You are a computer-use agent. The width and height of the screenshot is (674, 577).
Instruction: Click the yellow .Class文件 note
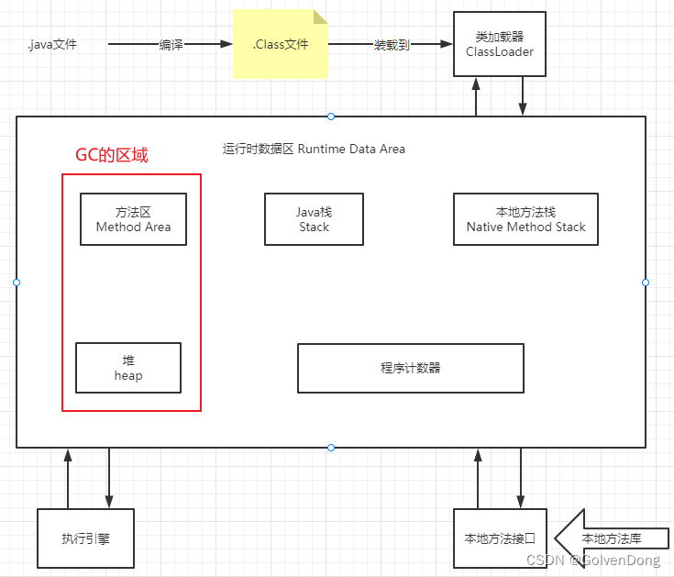[280, 43]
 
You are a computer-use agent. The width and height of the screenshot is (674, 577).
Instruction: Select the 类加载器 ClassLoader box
[499, 44]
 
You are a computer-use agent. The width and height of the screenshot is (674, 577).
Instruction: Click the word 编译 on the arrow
[171, 44]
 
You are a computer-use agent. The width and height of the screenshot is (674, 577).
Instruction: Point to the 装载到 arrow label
[392, 44]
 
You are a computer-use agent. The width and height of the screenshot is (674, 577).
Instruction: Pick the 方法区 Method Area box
[133, 219]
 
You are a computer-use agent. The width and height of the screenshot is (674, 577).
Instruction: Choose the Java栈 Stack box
[314, 219]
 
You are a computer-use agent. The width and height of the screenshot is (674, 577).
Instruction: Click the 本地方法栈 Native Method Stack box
[525, 219]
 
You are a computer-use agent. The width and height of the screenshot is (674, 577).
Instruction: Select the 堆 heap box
[128, 368]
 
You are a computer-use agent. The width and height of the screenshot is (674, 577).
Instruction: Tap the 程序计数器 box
[410, 368]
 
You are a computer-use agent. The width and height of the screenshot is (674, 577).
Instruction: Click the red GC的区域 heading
[111, 155]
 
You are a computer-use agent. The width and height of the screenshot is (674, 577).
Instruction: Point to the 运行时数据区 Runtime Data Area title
[314, 149]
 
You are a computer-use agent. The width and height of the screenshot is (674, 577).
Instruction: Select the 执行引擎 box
[85, 539]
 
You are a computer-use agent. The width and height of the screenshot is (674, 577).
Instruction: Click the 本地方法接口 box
[500, 539]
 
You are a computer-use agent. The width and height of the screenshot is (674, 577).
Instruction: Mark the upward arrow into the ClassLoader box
[477, 96]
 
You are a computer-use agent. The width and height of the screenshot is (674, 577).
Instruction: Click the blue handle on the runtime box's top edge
[331, 117]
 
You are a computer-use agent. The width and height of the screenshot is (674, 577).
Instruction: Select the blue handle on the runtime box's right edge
[646, 283]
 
